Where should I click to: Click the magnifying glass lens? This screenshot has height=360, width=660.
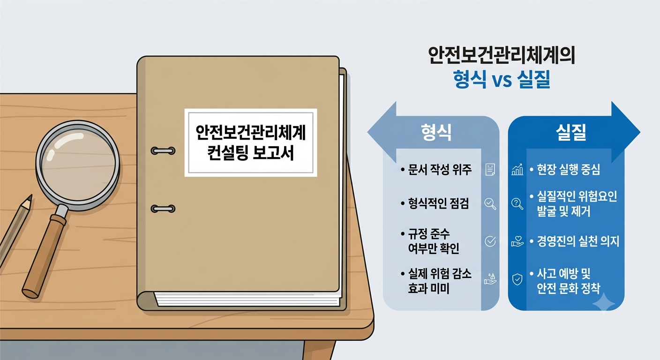78,165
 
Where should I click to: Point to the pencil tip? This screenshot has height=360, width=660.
30,198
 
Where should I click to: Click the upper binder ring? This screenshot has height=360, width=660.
163,151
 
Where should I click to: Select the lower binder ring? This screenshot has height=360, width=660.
163,209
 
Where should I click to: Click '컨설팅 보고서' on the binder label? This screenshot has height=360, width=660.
250,153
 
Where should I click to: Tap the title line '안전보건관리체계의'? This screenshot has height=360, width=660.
501,55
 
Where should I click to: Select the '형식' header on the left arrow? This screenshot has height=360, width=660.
436,132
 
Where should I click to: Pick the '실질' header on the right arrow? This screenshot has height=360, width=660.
571,132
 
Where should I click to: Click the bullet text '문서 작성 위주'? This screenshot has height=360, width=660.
440,169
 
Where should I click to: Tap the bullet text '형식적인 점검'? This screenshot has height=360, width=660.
438,203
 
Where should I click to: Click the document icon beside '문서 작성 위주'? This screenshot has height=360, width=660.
490,170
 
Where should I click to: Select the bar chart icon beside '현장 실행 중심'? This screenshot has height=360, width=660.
517,170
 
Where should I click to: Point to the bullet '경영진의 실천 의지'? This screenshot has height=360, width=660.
578,241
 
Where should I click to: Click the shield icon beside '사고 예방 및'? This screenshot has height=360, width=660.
517,279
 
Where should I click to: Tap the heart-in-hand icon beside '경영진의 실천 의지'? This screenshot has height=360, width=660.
517,241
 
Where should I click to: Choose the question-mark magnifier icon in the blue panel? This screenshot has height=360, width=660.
517,203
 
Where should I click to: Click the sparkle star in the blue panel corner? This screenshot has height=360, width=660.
603,302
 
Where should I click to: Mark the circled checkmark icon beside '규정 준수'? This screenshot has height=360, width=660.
490,241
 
